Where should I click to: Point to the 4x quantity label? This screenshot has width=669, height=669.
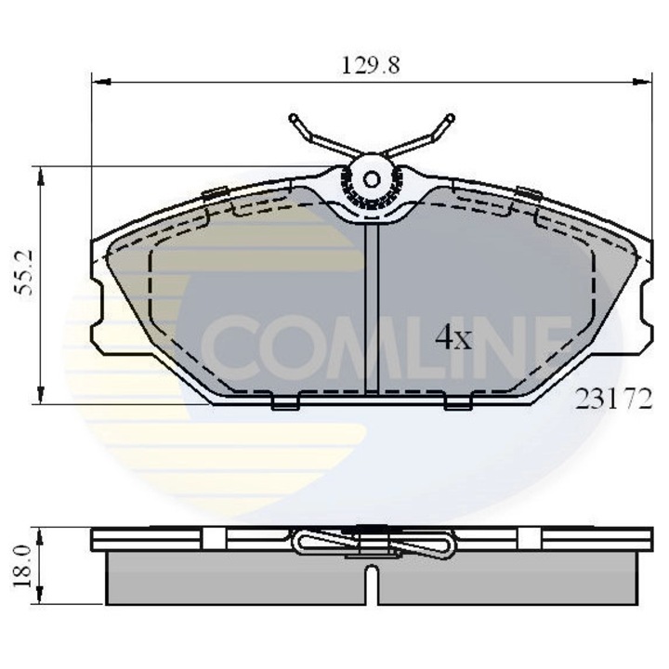[x=453, y=338]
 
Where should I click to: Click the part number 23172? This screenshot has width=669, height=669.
[x=615, y=400]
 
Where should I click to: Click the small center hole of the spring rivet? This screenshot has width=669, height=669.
[x=372, y=180]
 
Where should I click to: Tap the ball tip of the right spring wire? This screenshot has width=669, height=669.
[x=452, y=118]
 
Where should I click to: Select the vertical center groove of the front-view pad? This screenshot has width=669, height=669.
[x=372, y=307]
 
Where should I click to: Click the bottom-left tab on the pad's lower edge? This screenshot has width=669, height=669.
[x=285, y=403]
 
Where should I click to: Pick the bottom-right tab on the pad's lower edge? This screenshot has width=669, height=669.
[x=458, y=403]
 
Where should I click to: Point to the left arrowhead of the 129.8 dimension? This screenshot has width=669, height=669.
[x=99, y=82]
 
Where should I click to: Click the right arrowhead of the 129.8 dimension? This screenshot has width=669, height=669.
[x=644, y=82]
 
